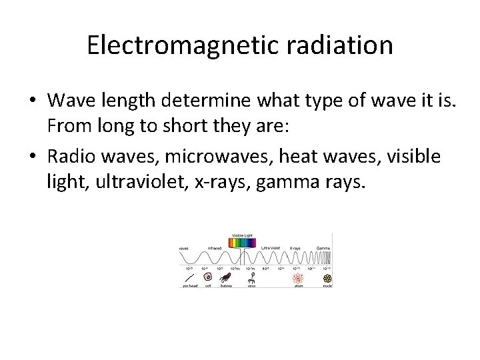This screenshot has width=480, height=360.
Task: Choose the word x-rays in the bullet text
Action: [220, 181]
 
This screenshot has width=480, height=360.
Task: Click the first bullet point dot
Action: [31, 101]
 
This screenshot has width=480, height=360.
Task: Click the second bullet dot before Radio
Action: [31, 156]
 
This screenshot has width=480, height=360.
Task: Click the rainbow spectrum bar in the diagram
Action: [241, 243]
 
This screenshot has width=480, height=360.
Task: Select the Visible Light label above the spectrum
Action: [242, 235]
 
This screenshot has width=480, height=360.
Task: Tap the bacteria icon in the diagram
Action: [227, 277]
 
